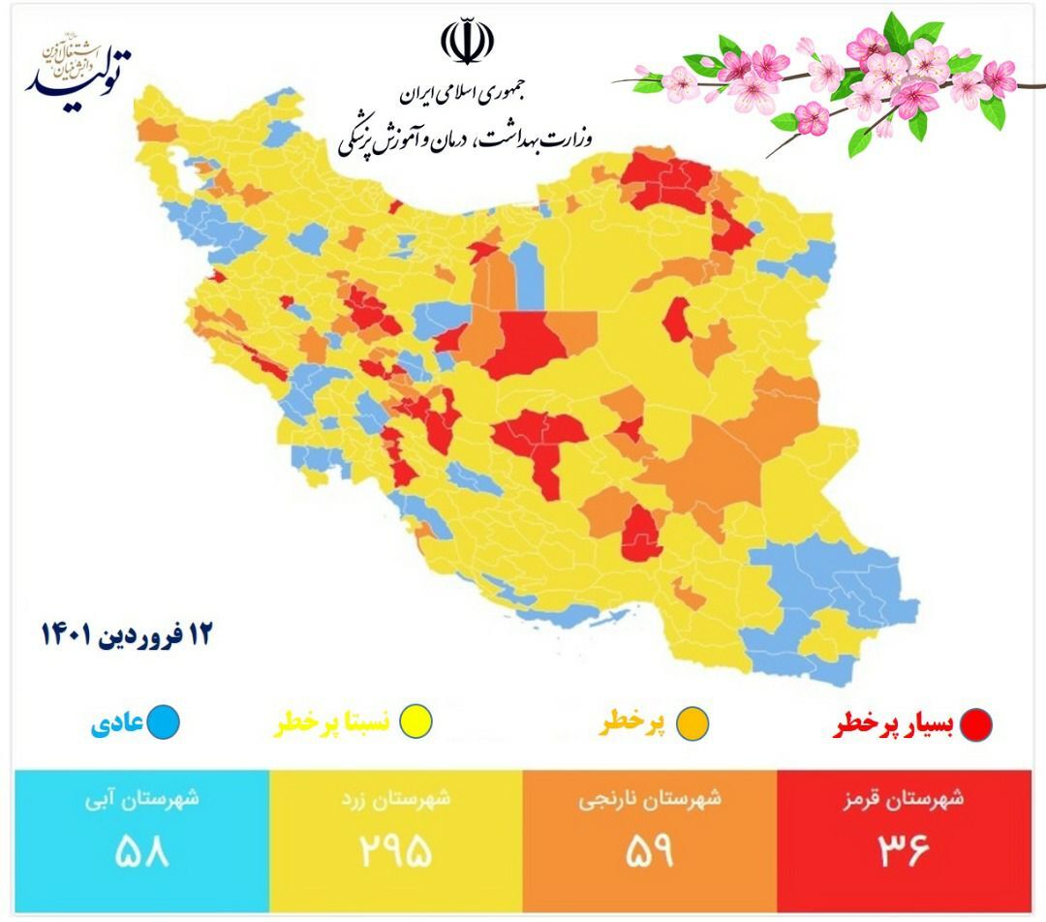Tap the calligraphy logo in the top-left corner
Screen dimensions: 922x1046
tap(77, 69)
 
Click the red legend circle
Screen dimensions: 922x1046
tap(976, 724)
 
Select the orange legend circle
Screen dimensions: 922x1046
tap(694, 724)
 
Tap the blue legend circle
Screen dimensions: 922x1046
tap(166, 722)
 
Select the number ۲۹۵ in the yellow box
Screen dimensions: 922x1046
tap(394, 851)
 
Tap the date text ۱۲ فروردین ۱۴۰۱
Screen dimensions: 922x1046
tap(125, 635)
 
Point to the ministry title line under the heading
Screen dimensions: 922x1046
tap(467, 140)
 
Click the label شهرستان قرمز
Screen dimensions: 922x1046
tap(907, 799)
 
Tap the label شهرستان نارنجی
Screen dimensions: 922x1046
tap(651, 800)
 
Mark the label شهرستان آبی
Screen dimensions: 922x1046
tap(141, 799)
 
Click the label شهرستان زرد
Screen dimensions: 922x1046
tap(396, 800)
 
